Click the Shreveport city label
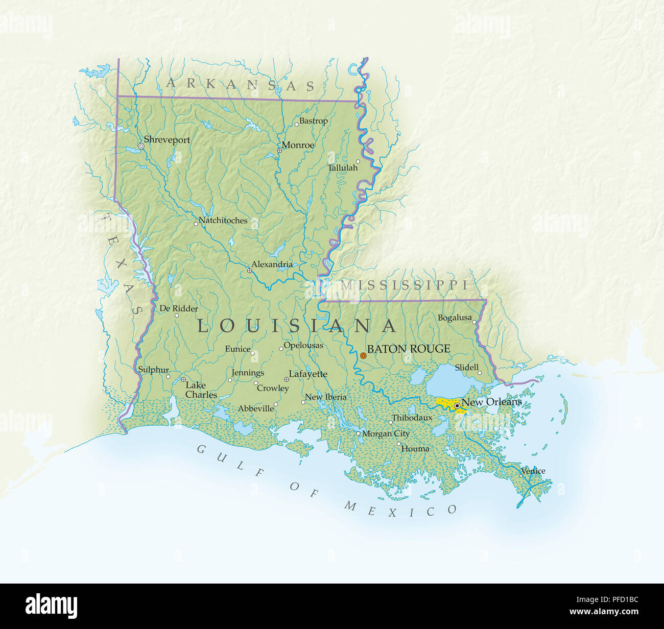pyautogui.click(x=167, y=140)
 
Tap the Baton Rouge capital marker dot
pyautogui.click(x=363, y=355)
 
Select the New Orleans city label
pyautogui.click(x=491, y=402)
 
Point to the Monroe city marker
pyautogui.click(x=279, y=151)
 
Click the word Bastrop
pyautogui.click(x=313, y=121)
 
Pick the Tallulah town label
pyautogui.click(x=342, y=167)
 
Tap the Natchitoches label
pyautogui.click(x=223, y=221)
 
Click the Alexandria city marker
pyautogui.click(x=249, y=271)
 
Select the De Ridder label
pyautogui.click(x=179, y=308)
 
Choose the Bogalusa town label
pyautogui.click(x=455, y=318)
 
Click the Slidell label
pyautogui.click(x=466, y=367)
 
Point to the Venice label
pyautogui.click(x=533, y=471)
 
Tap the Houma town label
pyautogui.click(x=415, y=449)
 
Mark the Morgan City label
pyautogui.click(x=386, y=433)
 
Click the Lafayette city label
pyautogui.click(x=308, y=374)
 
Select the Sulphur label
pyautogui.click(x=153, y=370)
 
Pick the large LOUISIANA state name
pyautogui.click(x=297, y=326)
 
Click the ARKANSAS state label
pyautogui.click(x=240, y=85)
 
